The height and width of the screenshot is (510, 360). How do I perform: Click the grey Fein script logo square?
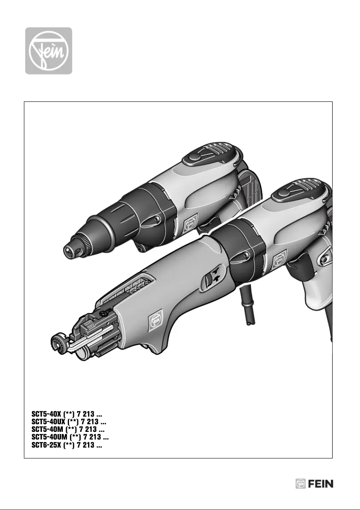(48, 51)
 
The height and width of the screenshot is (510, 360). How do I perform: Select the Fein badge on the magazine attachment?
(154, 320)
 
